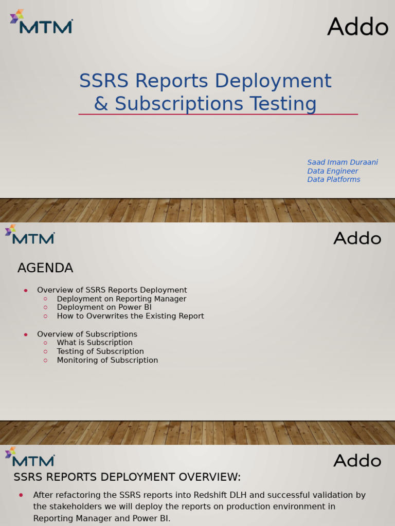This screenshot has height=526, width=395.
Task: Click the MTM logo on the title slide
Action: point(41,22)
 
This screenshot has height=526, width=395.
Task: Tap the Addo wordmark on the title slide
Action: point(357,27)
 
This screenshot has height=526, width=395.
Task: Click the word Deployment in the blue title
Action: point(273,81)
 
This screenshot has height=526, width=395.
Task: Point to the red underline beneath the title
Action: point(218,114)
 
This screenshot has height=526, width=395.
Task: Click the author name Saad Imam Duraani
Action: point(343,162)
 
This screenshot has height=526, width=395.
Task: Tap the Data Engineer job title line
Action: point(333,171)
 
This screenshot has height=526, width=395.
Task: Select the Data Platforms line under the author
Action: point(334,179)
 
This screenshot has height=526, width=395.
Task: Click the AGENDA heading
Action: point(45,268)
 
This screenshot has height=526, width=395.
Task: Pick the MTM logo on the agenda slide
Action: point(30,235)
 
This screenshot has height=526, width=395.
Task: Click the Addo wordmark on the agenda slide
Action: point(357,238)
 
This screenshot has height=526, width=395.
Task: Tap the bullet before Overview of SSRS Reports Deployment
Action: point(26,291)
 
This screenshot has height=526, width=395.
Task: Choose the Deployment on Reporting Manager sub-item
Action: point(121,299)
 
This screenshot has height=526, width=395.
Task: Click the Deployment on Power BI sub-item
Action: point(104,307)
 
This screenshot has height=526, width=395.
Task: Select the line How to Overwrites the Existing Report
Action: point(130,316)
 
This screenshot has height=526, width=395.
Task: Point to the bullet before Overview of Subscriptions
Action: point(26,335)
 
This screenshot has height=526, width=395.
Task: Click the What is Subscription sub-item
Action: point(95,343)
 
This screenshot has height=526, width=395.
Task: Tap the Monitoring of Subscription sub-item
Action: point(107,360)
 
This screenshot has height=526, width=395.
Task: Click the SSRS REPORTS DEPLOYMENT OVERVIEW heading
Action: point(127,477)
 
